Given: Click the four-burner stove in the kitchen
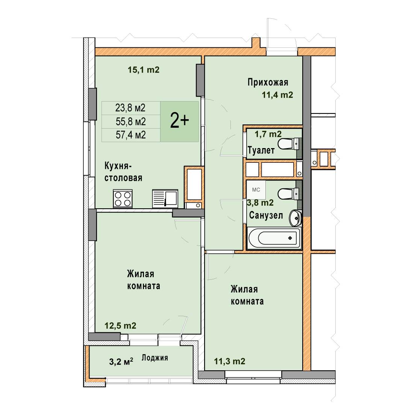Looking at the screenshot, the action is coord(123,198).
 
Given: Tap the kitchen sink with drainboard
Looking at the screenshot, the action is coord(165,198).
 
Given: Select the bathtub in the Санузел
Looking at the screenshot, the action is coord(274,238).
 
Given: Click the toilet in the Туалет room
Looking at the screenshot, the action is coord(290,144).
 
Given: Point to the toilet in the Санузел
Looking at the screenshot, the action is coord(290,194).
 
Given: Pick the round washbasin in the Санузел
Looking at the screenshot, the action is coord(295,218).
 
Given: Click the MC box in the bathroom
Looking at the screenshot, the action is coord(256,190).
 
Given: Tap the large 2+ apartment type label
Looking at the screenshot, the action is coord(179,121).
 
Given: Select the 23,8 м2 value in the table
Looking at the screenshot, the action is coord(130,108).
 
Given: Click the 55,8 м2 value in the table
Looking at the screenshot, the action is coord(131,121).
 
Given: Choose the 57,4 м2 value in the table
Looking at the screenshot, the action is coord(131,135).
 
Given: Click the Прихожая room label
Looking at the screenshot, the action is coord(268,82).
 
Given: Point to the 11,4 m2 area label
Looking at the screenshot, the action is coord(277,95).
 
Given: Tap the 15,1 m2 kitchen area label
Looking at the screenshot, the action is coord(144,70).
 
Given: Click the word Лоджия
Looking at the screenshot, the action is coord(155,358).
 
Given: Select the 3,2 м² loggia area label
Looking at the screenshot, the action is coord(121,362).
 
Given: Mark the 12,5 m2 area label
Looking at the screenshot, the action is coord(120,326).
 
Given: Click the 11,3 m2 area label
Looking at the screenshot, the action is coord(230,362).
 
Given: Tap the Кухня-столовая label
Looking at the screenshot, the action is coord(123,172).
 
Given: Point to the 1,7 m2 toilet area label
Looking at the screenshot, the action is coord(268,134).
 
